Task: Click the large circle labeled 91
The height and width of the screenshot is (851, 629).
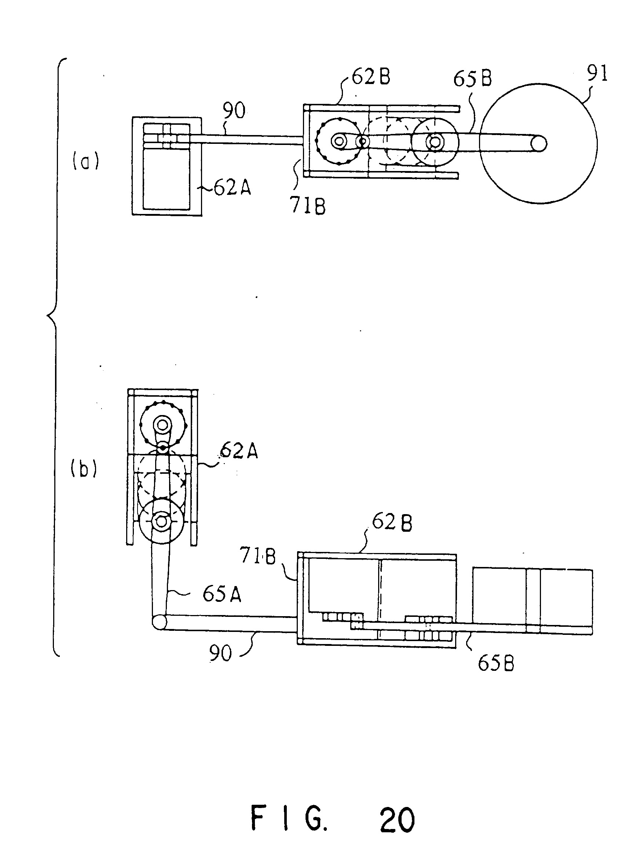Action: click(x=480, y=143)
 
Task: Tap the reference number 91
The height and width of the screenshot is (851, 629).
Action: click(x=597, y=73)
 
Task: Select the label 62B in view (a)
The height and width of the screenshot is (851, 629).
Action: click(x=370, y=77)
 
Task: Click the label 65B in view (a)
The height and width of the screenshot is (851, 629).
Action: click(x=472, y=78)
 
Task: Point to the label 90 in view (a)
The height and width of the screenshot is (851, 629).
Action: click(x=234, y=110)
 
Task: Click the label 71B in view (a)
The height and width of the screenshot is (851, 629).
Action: click(x=308, y=207)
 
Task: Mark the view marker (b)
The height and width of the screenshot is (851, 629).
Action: click(x=84, y=469)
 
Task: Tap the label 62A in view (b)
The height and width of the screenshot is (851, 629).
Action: click(x=239, y=452)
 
